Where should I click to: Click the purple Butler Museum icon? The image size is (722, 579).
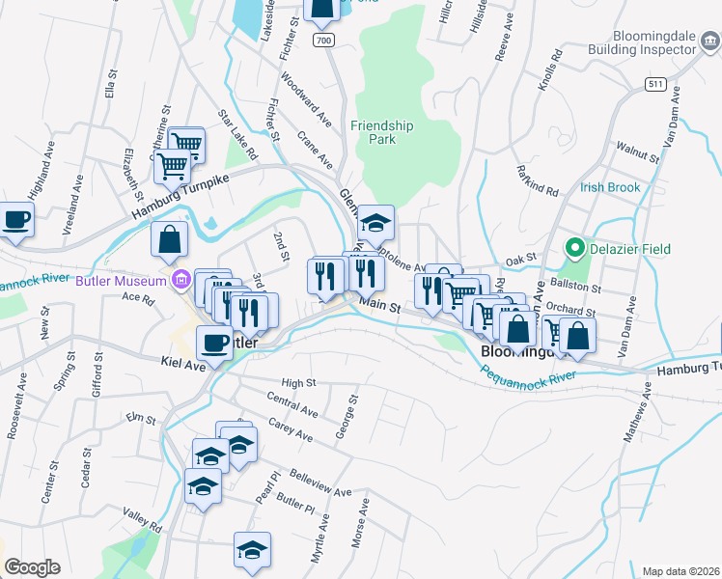coord(180,281)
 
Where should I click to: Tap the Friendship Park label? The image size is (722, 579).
coord(381,132)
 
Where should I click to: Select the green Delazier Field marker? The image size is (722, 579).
coord(576,249)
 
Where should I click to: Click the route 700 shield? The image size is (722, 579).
coord(324,40)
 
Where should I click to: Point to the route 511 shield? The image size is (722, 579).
coord(656,85)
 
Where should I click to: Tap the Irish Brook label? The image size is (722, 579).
coord(609,187)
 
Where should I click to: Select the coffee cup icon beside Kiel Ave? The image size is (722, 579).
coord(214,342)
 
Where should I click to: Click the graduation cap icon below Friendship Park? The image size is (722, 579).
coord(376,224)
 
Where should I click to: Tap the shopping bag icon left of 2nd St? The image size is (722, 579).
coord(169,242)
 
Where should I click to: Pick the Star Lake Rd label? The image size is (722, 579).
coord(237,135)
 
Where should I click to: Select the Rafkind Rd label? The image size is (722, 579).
coord(538,178)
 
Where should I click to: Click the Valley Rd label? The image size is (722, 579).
coord(142,520)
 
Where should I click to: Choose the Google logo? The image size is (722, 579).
coord(32,567)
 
